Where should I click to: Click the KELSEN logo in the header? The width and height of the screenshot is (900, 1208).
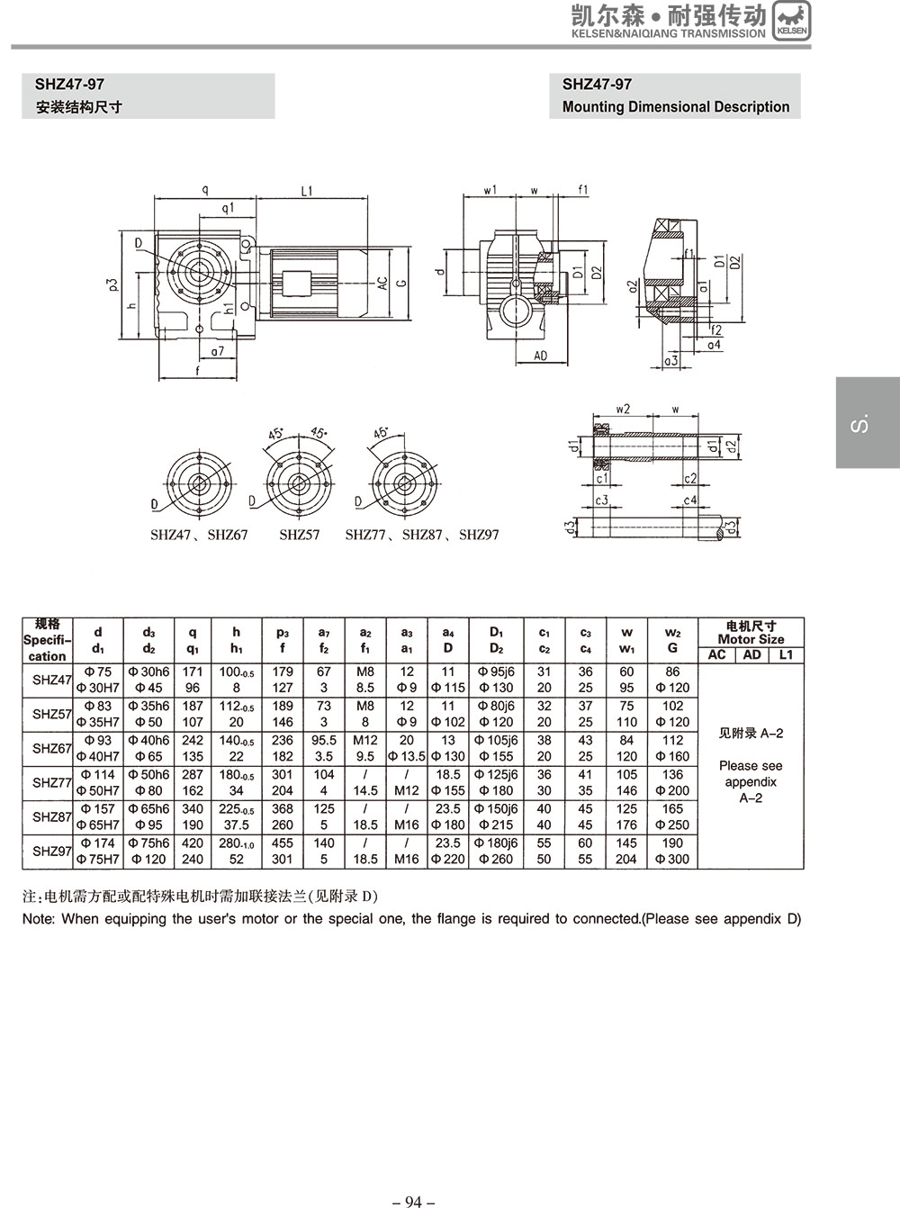tap(792, 21)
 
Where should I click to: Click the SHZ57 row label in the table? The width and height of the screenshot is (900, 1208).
tap(52, 714)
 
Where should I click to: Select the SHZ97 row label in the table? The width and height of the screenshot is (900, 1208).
tap(52, 851)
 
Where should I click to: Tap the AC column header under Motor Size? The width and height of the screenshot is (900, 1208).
tap(716, 654)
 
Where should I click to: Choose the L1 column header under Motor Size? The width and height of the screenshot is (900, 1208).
tap(786, 654)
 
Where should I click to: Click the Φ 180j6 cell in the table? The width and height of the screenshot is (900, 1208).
tap(496, 843)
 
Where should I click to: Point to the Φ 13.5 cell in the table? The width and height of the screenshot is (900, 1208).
tap(407, 756)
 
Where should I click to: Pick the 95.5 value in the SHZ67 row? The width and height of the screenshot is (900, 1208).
tap(324, 740)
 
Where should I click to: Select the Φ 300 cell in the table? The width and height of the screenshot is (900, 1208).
tap(672, 859)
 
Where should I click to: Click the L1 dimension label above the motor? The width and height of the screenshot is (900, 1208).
tap(307, 191)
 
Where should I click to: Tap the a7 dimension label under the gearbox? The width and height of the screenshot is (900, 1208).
tap(218, 351)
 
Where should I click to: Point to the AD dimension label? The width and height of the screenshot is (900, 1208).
tap(540, 356)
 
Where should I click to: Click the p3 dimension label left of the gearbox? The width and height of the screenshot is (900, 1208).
tap(112, 284)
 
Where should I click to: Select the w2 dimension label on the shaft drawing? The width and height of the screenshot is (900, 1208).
tap(623, 409)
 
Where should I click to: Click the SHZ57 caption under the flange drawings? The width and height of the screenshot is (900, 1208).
tap(299, 535)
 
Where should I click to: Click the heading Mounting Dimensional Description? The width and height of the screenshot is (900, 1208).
tap(676, 107)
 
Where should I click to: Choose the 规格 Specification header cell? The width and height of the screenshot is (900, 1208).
tap(47, 640)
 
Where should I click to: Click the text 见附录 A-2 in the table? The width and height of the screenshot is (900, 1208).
tap(751, 733)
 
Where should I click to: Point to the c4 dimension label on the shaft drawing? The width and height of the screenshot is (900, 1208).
tap(689, 500)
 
